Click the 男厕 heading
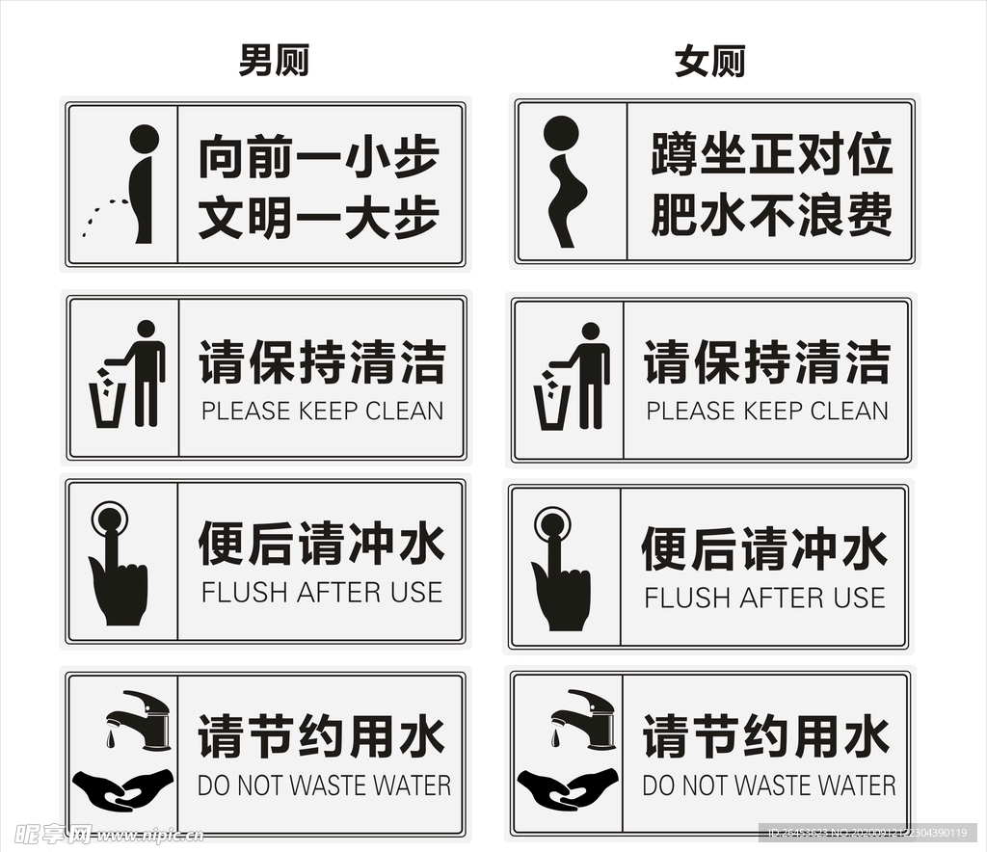[274, 62]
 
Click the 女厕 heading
[710, 62]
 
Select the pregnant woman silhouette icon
[565, 181]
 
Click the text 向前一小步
[319, 157]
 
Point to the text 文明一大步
[319, 217]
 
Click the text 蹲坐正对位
[771, 155]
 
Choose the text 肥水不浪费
[771, 214]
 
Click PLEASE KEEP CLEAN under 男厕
[322, 411]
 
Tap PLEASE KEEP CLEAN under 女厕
[767, 411]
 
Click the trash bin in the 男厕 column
[107, 405]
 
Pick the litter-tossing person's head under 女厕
[590, 332]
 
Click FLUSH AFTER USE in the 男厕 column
[322, 593]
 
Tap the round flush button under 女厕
[553, 525]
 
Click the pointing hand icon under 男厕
[118, 578]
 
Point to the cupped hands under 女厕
[567, 788]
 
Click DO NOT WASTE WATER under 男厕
[324, 785]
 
